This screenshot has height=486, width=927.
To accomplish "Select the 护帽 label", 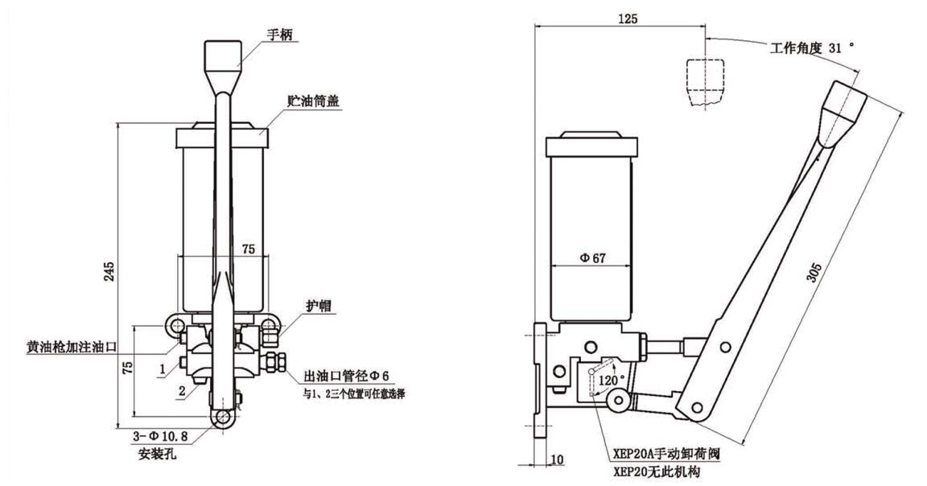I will click(319, 307).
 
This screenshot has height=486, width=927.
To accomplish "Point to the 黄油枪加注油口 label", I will click(71, 348).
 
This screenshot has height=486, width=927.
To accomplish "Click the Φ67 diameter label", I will click(593, 257).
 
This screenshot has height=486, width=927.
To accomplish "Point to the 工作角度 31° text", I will click(810, 48).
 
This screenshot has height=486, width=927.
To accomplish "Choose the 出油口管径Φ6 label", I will click(345, 376).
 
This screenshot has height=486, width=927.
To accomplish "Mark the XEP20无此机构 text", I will click(653, 471).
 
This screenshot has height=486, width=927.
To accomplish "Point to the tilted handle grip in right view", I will click(840, 107).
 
